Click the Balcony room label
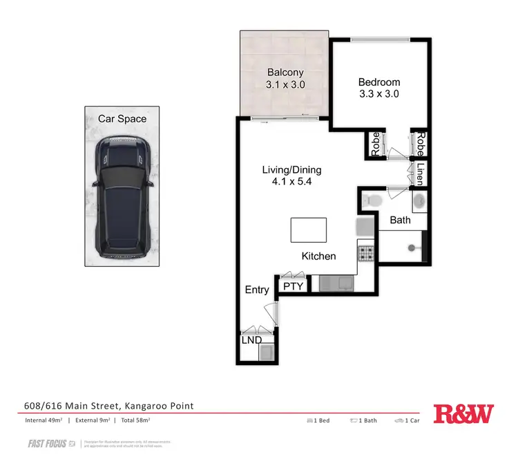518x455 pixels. [x=286, y=72]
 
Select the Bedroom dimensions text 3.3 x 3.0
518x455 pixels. [x=379, y=94]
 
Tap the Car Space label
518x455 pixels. [x=122, y=119]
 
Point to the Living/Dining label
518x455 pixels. [x=291, y=170]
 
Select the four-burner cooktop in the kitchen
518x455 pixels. [x=365, y=253]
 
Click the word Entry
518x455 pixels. [x=257, y=290]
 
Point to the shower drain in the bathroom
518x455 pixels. [x=414, y=246]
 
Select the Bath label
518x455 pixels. [x=400, y=221]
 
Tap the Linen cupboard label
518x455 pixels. [x=419, y=174]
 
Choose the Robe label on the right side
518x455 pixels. [x=419, y=145]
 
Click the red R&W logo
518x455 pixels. [x=463, y=414]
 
